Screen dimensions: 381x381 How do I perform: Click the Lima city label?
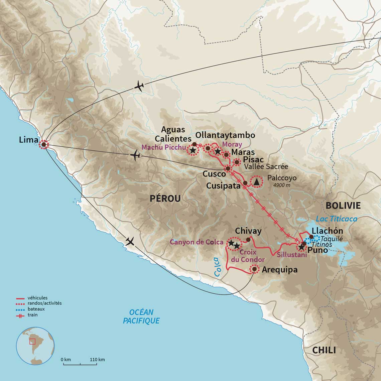(28, 140)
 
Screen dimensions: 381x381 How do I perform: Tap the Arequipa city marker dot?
(254, 269)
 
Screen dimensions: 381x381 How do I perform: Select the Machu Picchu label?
(163, 147)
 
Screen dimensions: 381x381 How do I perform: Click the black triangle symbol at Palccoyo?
(256, 182)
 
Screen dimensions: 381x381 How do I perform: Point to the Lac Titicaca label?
(337, 219)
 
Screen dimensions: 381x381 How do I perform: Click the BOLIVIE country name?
(343, 205)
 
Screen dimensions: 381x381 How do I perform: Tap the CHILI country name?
(324, 350)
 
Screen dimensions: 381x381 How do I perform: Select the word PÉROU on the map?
(165, 199)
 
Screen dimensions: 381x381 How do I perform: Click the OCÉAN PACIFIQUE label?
(141, 316)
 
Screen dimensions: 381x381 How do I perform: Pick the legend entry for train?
(33, 315)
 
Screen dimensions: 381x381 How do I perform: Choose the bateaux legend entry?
(36, 309)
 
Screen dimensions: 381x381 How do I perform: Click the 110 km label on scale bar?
(97, 360)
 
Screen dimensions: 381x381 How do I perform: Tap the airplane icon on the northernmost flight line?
(139, 86)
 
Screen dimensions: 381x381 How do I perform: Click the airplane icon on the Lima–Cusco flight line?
(135, 155)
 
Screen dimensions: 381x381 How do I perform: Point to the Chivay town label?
(248, 231)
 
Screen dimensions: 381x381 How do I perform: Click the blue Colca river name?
(218, 267)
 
